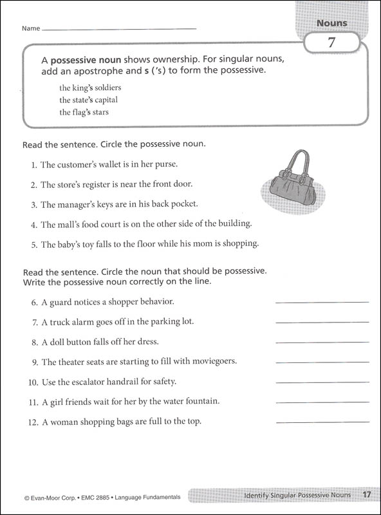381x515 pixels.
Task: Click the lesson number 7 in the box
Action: point(331,44)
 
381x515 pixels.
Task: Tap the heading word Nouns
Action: point(331,23)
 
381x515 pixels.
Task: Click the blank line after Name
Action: point(119,29)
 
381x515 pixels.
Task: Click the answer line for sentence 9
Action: point(322,362)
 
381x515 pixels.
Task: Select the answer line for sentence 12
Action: point(322,422)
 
